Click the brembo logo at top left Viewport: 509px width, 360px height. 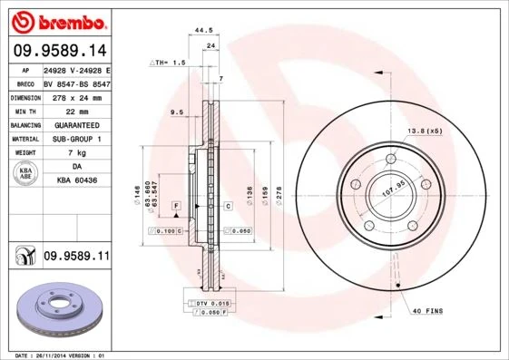click(58, 21)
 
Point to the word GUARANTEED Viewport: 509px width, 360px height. click(76, 124)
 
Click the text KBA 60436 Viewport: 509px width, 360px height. click(76, 182)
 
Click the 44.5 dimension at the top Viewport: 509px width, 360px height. click(204, 30)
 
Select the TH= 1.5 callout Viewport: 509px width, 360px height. click(167, 63)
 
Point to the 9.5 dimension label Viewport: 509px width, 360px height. click(177, 112)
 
